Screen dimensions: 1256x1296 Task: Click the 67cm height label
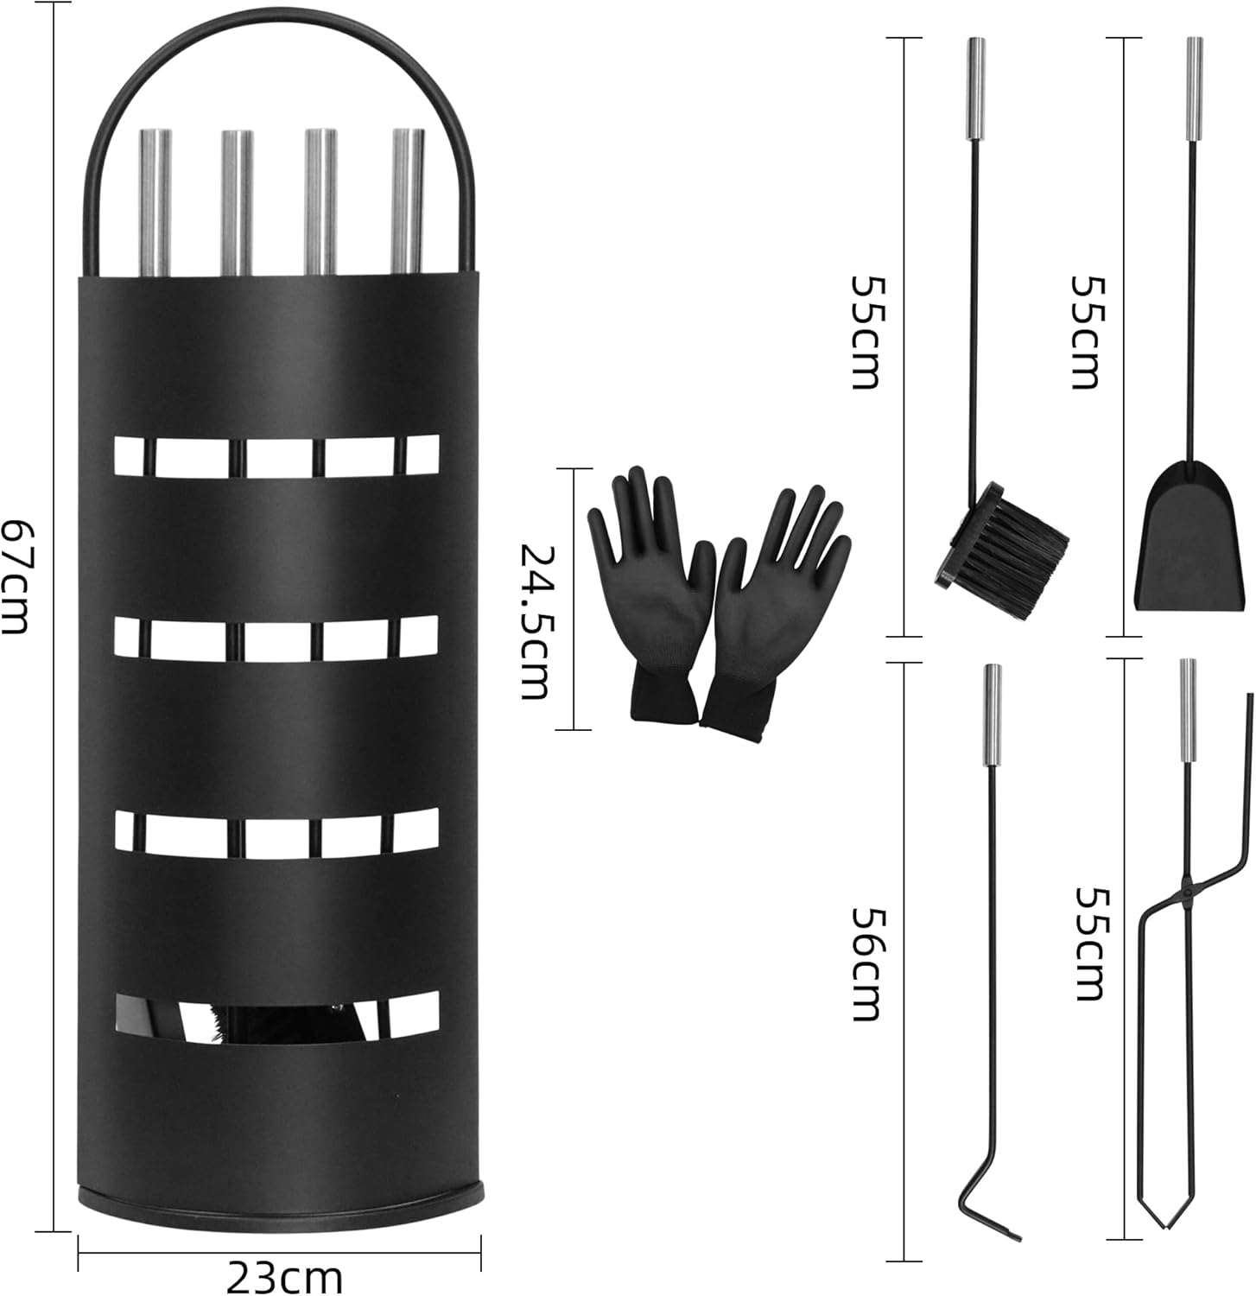pos(15,575)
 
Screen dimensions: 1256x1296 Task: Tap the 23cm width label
pos(285,1275)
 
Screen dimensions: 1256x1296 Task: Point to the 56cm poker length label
pos(865,963)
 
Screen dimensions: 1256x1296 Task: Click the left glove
pos(649,592)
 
